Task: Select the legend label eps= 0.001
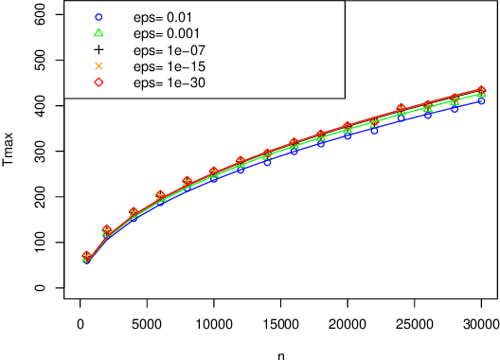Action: [170, 33]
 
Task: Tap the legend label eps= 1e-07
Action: [170, 49]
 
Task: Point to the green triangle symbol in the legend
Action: [98, 33]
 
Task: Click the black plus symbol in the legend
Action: [98, 49]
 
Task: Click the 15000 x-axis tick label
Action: [281, 324]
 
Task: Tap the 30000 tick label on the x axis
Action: [482, 324]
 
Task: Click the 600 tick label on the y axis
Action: [40, 14]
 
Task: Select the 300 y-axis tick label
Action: [40, 152]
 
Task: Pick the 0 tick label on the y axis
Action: [40, 288]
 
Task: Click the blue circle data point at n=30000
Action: [482, 100]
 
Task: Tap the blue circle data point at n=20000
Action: [348, 135]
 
